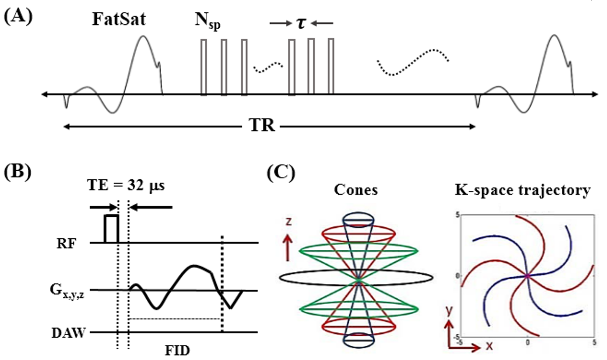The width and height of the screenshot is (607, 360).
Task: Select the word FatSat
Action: click(119, 19)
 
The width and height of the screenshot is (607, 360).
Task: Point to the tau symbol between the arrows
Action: click(301, 24)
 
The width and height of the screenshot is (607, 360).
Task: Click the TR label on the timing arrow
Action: click(262, 125)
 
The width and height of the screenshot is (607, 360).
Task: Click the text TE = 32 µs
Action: click(126, 185)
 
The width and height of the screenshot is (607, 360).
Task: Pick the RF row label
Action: click(67, 243)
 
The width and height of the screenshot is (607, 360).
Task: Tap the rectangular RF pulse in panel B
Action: click(112, 229)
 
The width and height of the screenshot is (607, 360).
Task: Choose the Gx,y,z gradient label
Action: click(67, 291)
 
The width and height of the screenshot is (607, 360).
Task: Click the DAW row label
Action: click(68, 333)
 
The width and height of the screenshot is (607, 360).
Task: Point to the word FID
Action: click(177, 350)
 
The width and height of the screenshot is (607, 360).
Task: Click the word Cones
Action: click(356, 190)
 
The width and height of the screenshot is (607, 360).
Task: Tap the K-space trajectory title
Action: click(523, 190)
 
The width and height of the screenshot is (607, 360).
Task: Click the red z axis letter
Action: click(288, 221)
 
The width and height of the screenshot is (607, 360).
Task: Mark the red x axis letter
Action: click(490, 346)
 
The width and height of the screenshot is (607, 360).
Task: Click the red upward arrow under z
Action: click(288, 247)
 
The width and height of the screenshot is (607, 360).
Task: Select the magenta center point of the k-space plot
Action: click(527, 276)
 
